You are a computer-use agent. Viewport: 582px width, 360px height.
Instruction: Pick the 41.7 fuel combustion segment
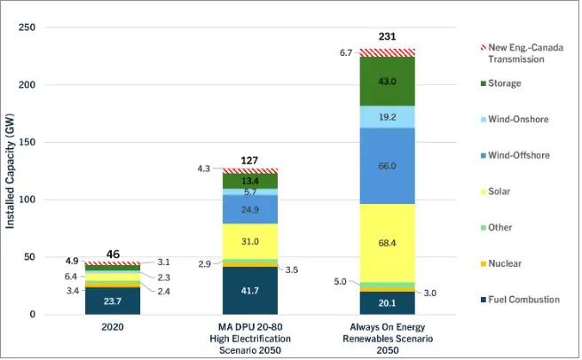point(251,290)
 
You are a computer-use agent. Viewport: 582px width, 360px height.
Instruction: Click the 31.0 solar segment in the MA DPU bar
point(251,241)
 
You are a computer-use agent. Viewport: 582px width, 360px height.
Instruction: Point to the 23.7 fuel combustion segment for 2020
point(113,300)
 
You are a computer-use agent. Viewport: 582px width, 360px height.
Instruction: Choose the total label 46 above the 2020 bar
point(113,254)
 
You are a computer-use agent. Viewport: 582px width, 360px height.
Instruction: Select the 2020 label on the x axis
point(113,329)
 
